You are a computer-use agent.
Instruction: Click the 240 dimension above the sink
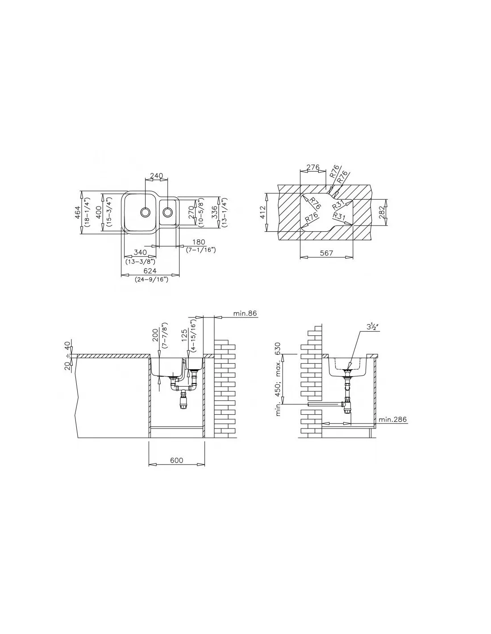coord(156,176)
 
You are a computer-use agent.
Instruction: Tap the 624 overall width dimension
coord(150,271)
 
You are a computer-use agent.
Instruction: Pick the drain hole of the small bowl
coord(168,212)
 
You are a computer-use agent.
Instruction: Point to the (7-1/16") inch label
coord(201,250)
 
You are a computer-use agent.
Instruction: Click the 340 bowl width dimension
coord(140,252)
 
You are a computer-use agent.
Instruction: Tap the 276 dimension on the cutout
coord(312,168)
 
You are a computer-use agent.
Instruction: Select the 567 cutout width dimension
coord(326,253)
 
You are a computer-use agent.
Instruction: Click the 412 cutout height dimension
coord(262,212)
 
